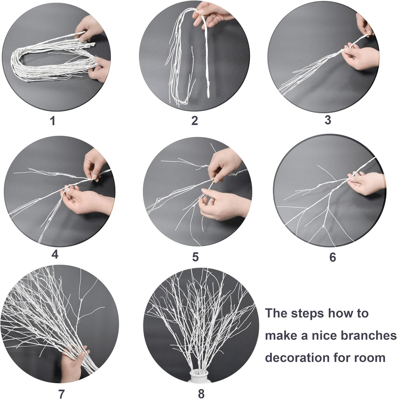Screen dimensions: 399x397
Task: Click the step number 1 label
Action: (52, 121)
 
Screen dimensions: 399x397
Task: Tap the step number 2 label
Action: (195, 121)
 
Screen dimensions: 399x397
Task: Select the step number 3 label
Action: (328, 120)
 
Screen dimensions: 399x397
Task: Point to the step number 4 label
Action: (55, 254)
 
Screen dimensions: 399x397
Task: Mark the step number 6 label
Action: (333, 257)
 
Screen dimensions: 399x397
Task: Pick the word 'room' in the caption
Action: (370, 357)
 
